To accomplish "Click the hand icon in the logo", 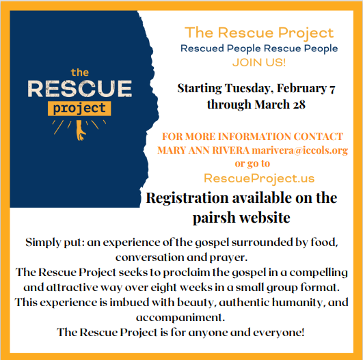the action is [80, 130].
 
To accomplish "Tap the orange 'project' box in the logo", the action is [79, 109].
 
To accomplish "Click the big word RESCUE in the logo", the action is [79, 89].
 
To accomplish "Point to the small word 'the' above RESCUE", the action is [79, 72].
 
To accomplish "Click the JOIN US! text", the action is [259, 62].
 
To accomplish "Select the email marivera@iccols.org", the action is [300, 150].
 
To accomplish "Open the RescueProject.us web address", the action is [259, 178].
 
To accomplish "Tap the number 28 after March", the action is [299, 105].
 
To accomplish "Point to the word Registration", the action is [187, 199].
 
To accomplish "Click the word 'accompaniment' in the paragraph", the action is [180, 318].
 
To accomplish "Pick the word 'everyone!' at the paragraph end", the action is [278, 333].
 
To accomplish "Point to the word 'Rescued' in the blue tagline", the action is [202, 49].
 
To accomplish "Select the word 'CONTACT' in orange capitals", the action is [319, 137].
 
